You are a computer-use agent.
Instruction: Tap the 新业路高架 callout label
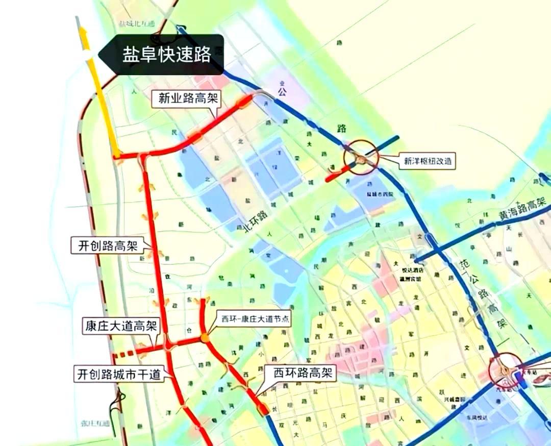click(185, 99)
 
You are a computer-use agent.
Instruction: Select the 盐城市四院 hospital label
click(381, 194)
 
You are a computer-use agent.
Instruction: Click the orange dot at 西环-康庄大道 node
click(205, 337)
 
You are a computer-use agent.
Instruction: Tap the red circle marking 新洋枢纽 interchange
click(361, 158)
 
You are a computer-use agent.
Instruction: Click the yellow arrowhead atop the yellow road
click(82, 32)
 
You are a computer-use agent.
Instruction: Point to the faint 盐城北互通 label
click(136, 23)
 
